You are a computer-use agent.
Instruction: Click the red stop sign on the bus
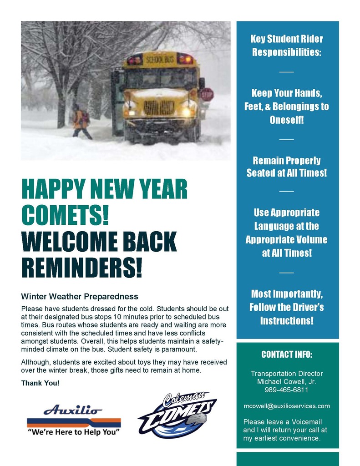(x=207, y=94)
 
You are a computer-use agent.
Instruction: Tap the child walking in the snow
(x=81, y=121)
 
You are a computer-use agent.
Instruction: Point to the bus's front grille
(x=159, y=108)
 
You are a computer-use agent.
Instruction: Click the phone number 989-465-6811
(x=286, y=390)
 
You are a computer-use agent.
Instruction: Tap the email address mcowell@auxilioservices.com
(x=287, y=406)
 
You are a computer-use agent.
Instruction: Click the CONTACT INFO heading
(x=287, y=355)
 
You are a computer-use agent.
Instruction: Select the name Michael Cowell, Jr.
(x=287, y=382)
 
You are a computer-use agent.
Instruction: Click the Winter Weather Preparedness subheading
(x=80, y=297)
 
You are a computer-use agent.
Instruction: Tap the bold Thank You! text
(x=40, y=383)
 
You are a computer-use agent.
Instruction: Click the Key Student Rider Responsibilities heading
(x=287, y=46)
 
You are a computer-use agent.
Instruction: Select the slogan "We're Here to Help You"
(x=73, y=432)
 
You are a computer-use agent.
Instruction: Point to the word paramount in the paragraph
(x=180, y=349)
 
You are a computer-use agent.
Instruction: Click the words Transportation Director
(x=287, y=374)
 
